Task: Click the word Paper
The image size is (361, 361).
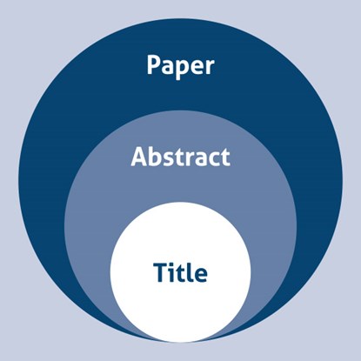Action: coord(180,67)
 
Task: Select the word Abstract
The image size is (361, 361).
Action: coord(180,157)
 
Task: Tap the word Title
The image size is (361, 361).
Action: coord(180,272)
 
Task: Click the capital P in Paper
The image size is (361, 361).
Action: coord(154,64)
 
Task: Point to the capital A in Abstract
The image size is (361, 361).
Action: coord(140,157)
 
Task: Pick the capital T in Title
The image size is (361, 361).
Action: coord(161,272)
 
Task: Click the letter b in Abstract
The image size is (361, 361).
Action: coord(157,157)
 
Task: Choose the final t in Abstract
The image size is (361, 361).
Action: coord(225,157)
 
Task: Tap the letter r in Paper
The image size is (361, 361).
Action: coord(209,67)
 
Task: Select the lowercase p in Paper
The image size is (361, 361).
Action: coord(180,70)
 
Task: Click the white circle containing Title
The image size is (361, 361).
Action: coord(180,272)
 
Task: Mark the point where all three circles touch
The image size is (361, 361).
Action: coord(180,342)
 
